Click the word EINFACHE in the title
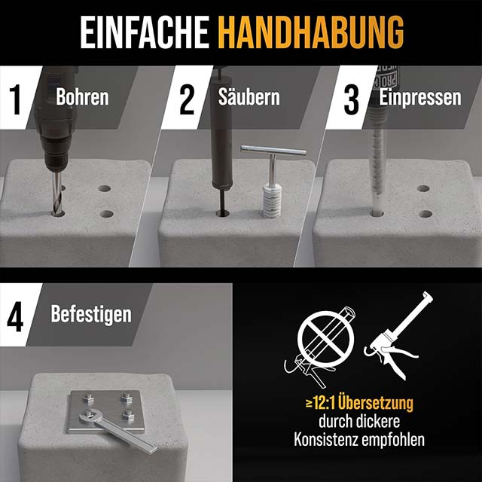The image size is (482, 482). click(x=145, y=32)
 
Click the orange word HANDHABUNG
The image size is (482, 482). click(x=310, y=32)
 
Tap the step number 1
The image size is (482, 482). click(x=16, y=99)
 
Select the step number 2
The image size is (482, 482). click(x=187, y=99)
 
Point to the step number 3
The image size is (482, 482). click(x=352, y=99)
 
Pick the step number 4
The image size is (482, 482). click(x=15, y=316)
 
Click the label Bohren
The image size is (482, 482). click(x=82, y=97)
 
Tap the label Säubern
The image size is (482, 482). click(x=249, y=96)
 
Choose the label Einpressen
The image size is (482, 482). click(x=420, y=97)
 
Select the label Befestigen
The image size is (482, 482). click(x=91, y=314)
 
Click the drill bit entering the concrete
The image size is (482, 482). click(x=57, y=193)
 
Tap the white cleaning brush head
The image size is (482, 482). click(x=272, y=200)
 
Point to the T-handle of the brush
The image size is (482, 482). click(x=273, y=150)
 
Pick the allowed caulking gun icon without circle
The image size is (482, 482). click(x=398, y=336)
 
